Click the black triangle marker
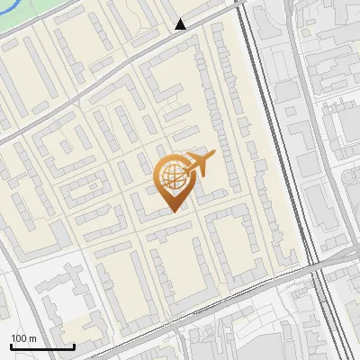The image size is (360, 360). point(181,24)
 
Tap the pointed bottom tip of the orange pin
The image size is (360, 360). point(172,211)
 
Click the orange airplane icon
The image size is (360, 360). point(196,166)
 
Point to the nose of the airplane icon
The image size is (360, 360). point(212,157)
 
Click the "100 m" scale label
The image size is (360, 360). point(24,338)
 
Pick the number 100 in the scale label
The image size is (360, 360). point(20,338)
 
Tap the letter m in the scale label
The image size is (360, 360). point(32,338)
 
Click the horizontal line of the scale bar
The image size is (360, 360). point(42,346)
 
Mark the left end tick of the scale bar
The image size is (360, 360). point(12,345)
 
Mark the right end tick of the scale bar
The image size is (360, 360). point(74,345)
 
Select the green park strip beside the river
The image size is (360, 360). point(54,20)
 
